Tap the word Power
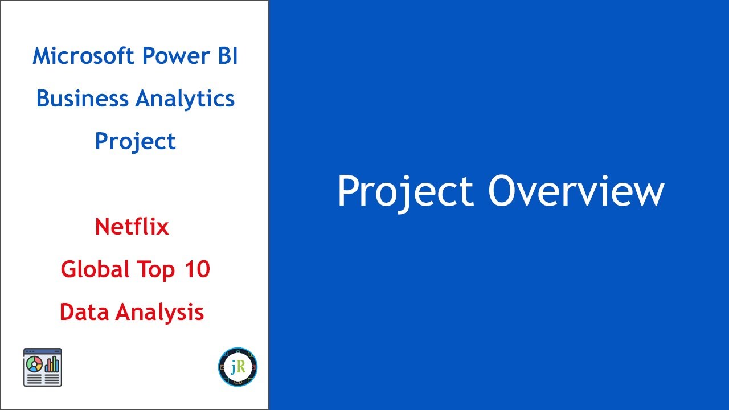pyautogui.click(x=169, y=56)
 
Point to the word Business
pyautogui.click(x=82, y=99)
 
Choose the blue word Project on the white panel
pyautogui.click(x=135, y=141)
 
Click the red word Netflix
pyautogui.click(x=132, y=227)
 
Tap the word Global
pyautogui.click(x=95, y=269)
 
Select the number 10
pyautogui.click(x=197, y=269)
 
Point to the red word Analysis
pyautogui.click(x=159, y=313)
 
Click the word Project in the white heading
pyautogui.click(x=405, y=191)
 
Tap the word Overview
pyautogui.click(x=576, y=191)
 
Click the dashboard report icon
pyautogui.click(x=43, y=367)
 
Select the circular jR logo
pyautogui.click(x=237, y=367)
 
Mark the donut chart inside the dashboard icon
pyautogui.click(x=34, y=364)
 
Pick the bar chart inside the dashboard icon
pyautogui.click(x=52, y=364)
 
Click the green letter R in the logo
pyautogui.click(x=241, y=367)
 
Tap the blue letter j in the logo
pyautogui.click(x=233, y=368)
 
